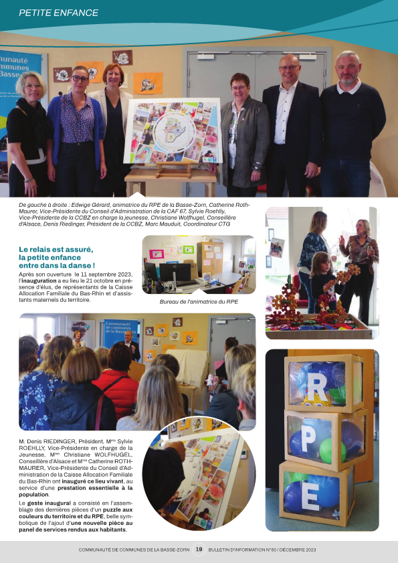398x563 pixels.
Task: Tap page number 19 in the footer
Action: [x=199, y=549]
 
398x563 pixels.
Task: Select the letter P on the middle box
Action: [x=308, y=440]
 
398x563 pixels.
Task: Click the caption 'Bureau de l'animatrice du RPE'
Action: [x=199, y=303]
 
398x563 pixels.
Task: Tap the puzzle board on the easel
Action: [x=172, y=132]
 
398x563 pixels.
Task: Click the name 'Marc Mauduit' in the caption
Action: [x=177, y=224]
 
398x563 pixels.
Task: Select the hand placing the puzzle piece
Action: [x=173, y=449]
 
